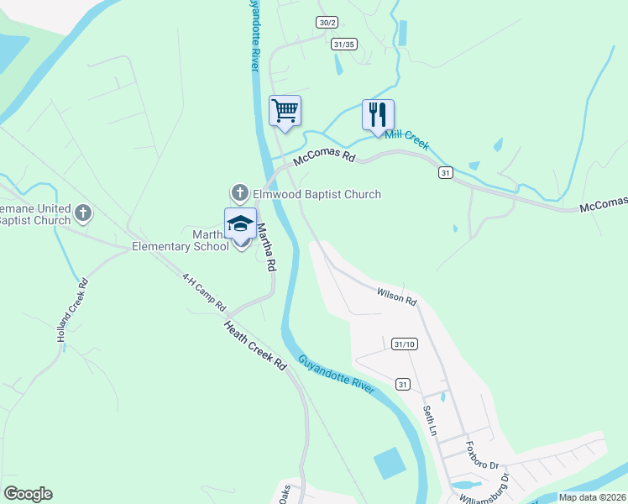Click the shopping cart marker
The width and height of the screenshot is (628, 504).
coord(285,111)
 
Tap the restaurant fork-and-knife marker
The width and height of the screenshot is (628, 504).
coord(378,114)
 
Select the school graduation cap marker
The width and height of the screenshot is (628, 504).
coord(239,224)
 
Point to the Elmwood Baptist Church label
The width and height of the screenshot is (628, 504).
coord(317,195)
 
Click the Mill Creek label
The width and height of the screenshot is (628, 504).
coord(407,139)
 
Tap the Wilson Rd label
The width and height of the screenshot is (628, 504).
coord(396,297)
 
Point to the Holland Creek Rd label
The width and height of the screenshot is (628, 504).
coord(72,309)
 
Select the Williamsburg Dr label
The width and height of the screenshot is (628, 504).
coord(495,487)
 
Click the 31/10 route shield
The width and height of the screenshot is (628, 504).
coord(404,344)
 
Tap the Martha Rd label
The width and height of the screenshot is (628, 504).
coord(266,246)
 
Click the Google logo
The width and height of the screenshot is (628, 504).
coord(28,494)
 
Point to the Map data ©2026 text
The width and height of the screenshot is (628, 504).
coord(592,497)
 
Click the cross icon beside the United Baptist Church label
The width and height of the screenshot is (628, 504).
coord(82,213)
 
